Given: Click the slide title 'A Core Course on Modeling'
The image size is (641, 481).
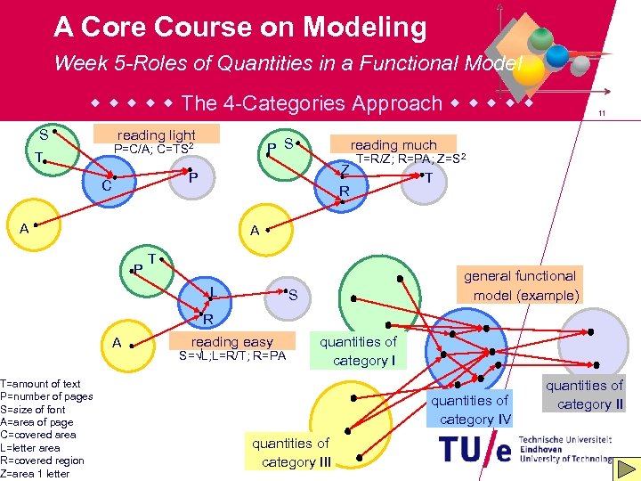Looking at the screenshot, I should pos(240,28).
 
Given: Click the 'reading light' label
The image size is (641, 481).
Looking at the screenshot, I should pos(157,135).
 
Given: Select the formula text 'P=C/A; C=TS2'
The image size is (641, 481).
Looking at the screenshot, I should pos(155,150).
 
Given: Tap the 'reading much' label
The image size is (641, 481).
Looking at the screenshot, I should pos(394,144).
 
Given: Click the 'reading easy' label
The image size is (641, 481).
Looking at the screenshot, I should pos(231,341).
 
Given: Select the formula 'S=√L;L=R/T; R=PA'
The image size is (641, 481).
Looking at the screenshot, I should pos(231,356).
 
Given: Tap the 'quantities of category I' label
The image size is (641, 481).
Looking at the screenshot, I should pos(358,351).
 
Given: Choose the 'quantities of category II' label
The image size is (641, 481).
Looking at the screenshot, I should pos(584,395).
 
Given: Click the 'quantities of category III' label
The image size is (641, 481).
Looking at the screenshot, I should pos(290,452).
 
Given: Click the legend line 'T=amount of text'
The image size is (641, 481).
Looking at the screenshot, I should pos(40,384).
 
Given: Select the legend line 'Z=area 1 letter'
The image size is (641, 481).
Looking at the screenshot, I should pos(36,473).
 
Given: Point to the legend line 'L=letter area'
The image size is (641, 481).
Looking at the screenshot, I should pos(31,447).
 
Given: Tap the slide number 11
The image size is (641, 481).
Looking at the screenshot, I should pos(603,113).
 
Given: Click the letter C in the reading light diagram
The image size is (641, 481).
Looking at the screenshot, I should pos(106,187).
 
